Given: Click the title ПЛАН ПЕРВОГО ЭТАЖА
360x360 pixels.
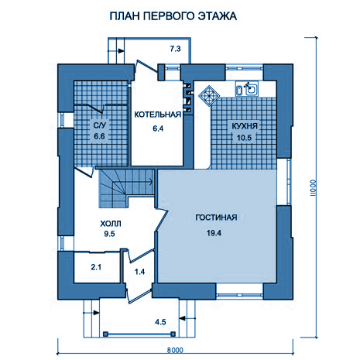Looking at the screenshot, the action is [x=173, y=16].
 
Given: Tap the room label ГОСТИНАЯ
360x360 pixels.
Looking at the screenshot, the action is [x=216, y=218].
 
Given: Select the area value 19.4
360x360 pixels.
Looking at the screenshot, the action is [x=214, y=233].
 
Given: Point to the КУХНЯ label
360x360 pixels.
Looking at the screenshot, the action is [x=245, y=126].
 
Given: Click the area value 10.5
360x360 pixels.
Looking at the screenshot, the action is [x=244, y=138].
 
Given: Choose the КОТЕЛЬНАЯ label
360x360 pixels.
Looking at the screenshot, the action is [x=158, y=115].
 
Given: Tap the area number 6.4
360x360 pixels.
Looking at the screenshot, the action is [x=158, y=129].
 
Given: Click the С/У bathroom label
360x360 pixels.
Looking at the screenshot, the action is [x=100, y=125].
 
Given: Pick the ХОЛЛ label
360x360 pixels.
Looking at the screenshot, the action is [x=111, y=224].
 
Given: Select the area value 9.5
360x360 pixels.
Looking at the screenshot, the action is [x=109, y=234].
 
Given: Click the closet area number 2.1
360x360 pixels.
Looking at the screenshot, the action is [x=96, y=267].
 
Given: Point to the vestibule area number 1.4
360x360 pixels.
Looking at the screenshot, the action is [x=139, y=272].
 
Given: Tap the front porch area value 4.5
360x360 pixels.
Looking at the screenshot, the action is [x=160, y=322].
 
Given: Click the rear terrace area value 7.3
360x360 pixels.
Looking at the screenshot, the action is [x=175, y=49].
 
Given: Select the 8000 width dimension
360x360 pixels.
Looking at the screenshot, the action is [x=175, y=350].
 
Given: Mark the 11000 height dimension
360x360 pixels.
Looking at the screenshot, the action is [x=313, y=188].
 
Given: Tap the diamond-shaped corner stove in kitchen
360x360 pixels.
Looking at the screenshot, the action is [x=209, y=96].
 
